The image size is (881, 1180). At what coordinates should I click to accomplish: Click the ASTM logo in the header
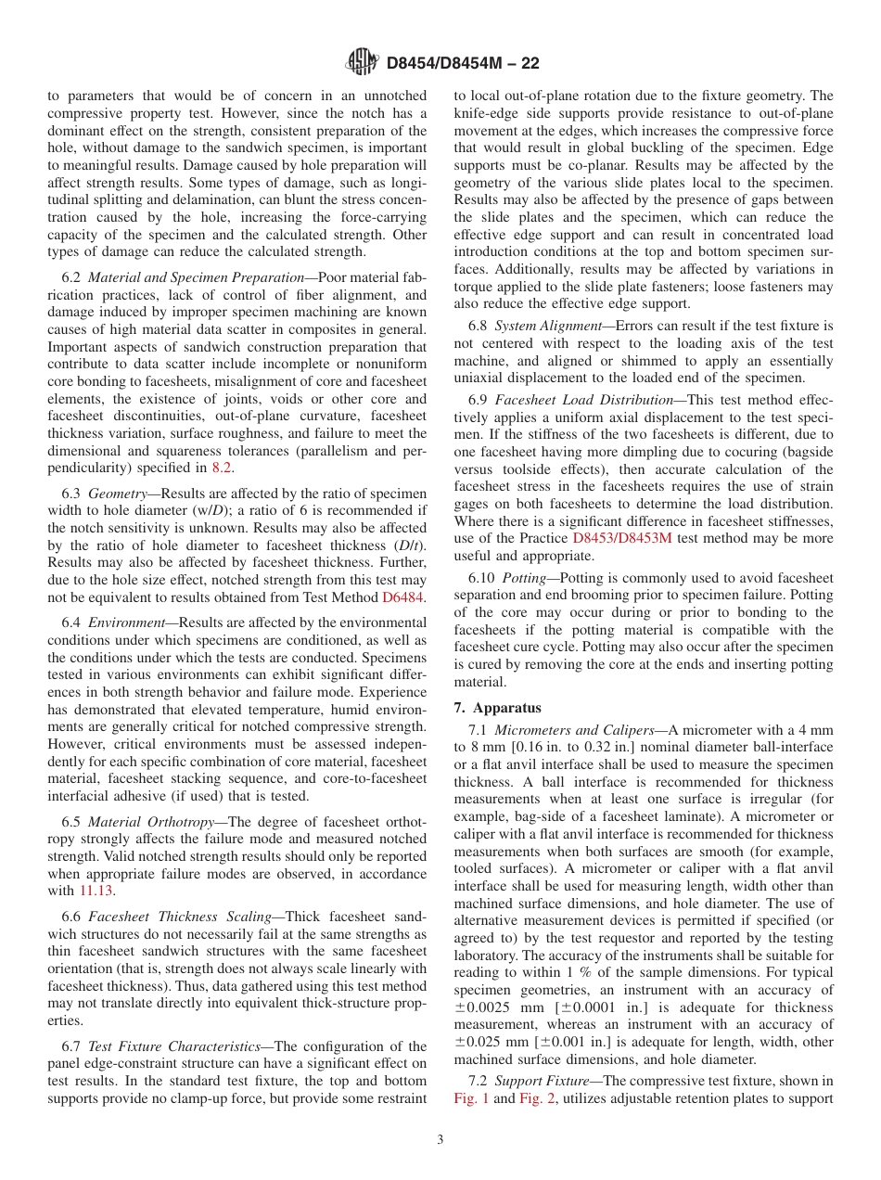[362, 62]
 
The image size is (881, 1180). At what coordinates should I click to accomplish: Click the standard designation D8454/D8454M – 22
[463, 63]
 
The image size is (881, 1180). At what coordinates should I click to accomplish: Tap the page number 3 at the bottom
[440, 1140]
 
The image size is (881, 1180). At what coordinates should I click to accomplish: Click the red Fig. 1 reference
[470, 1098]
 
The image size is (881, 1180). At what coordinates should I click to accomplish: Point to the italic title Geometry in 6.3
[118, 494]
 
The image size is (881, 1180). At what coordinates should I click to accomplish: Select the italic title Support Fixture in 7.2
[535, 1081]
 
